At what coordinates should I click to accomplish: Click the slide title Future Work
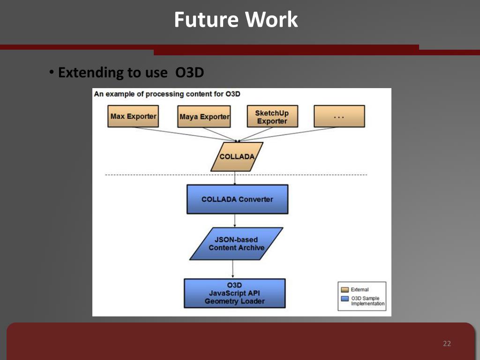coord(236,20)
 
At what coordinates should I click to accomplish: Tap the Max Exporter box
coord(133,116)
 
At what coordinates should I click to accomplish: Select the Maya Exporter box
coord(204,117)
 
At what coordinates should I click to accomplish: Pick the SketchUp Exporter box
coord(272,117)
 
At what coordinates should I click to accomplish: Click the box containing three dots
coord(339,116)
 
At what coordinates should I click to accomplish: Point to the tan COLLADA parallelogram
coord(237,157)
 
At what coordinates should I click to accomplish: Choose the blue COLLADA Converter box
coord(237,199)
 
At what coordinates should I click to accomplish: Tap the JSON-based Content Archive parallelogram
coord(237,244)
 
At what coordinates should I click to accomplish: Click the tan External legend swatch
coord(345,290)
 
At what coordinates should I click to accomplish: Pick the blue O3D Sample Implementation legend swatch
coord(345,298)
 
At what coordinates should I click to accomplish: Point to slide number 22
coord(447,344)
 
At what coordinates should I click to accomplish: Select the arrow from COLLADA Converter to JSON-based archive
coord(234,220)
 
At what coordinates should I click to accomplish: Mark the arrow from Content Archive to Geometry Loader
coord(233,269)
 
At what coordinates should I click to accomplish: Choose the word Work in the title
coord(272,20)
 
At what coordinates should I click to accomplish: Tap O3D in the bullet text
coord(190,73)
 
